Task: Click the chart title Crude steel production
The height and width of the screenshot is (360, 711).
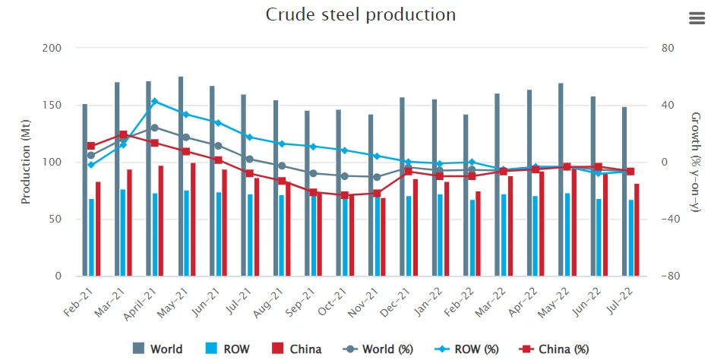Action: (361, 14)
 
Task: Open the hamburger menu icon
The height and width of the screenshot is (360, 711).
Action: (697, 18)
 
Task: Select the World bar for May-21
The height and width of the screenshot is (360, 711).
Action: (181, 176)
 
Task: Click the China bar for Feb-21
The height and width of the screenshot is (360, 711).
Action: (98, 229)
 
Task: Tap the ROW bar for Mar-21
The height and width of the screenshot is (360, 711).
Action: (123, 232)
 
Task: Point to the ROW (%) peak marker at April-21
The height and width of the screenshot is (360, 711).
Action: (155, 101)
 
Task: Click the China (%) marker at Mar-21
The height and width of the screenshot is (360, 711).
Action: (123, 134)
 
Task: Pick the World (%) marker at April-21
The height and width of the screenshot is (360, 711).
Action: (155, 128)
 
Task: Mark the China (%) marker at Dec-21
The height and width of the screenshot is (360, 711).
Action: (409, 171)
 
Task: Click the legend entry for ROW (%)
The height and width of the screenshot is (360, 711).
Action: (466, 349)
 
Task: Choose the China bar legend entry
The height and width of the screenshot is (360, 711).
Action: (296, 349)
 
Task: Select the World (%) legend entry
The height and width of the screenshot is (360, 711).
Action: (378, 349)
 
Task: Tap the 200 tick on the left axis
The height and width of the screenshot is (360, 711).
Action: (52, 48)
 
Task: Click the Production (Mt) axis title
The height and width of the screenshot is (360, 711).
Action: (25, 162)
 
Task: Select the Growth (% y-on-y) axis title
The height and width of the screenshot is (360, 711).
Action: (695, 163)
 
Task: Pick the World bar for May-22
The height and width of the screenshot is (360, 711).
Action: (561, 179)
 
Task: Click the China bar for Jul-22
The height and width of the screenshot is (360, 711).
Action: (637, 230)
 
